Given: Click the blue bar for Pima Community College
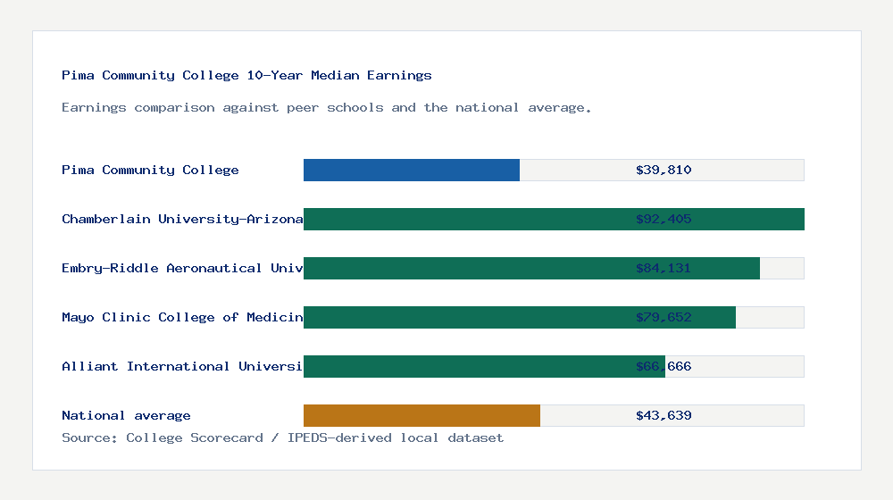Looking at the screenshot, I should click(x=412, y=170).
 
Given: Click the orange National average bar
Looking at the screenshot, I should click(x=421, y=415).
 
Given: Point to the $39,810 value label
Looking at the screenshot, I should click(x=663, y=170).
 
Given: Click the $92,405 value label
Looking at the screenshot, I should click(x=663, y=219).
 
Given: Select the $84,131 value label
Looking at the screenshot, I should click(x=663, y=268).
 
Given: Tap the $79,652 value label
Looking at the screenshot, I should click(x=663, y=317).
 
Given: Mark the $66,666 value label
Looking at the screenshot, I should click(x=663, y=366).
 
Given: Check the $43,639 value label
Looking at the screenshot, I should click(x=663, y=415).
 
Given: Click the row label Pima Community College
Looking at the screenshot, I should click(x=150, y=170).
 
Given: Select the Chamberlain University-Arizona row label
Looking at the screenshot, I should click(x=182, y=219).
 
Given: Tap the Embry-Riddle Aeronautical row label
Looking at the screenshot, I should click(x=182, y=268).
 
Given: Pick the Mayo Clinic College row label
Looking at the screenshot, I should click(x=182, y=317).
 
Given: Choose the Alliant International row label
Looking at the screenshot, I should click(x=182, y=366).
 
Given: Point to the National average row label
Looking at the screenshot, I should click(x=126, y=415).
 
